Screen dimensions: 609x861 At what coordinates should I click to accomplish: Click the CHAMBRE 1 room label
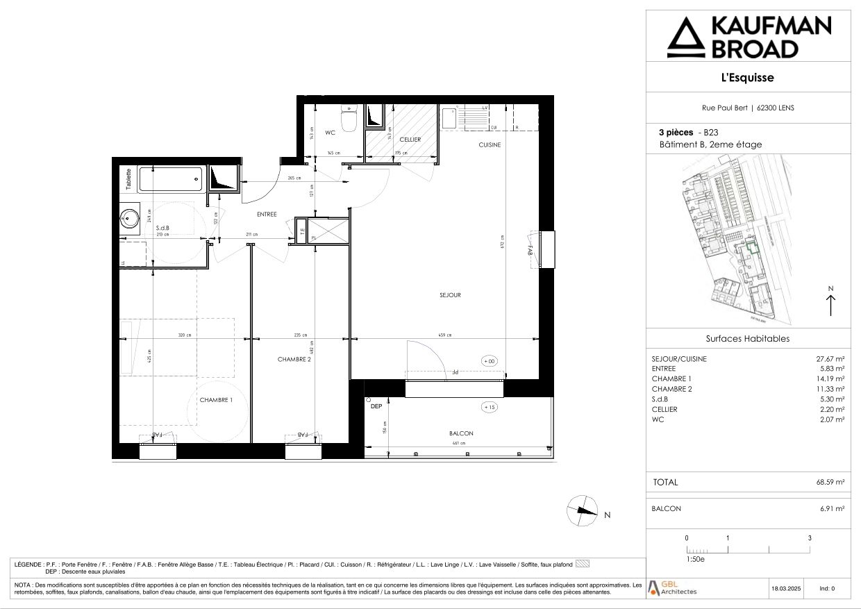[216, 400]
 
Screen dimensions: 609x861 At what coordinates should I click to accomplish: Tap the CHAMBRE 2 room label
[294, 359]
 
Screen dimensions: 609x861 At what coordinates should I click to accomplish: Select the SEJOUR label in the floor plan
[450, 295]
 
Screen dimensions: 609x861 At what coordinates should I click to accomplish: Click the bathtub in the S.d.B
[170, 179]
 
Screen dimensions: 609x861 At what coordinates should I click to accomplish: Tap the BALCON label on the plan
[460, 433]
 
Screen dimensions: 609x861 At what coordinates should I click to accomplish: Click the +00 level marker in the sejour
[490, 361]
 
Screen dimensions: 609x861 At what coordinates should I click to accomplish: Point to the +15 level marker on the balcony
[490, 407]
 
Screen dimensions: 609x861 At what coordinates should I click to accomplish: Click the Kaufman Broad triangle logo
[684, 40]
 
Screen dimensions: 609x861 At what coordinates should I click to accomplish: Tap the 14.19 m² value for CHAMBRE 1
[830, 379]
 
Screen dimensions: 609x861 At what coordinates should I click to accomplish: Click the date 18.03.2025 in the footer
[785, 589]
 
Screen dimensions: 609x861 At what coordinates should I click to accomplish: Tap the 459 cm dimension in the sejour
[444, 335]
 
